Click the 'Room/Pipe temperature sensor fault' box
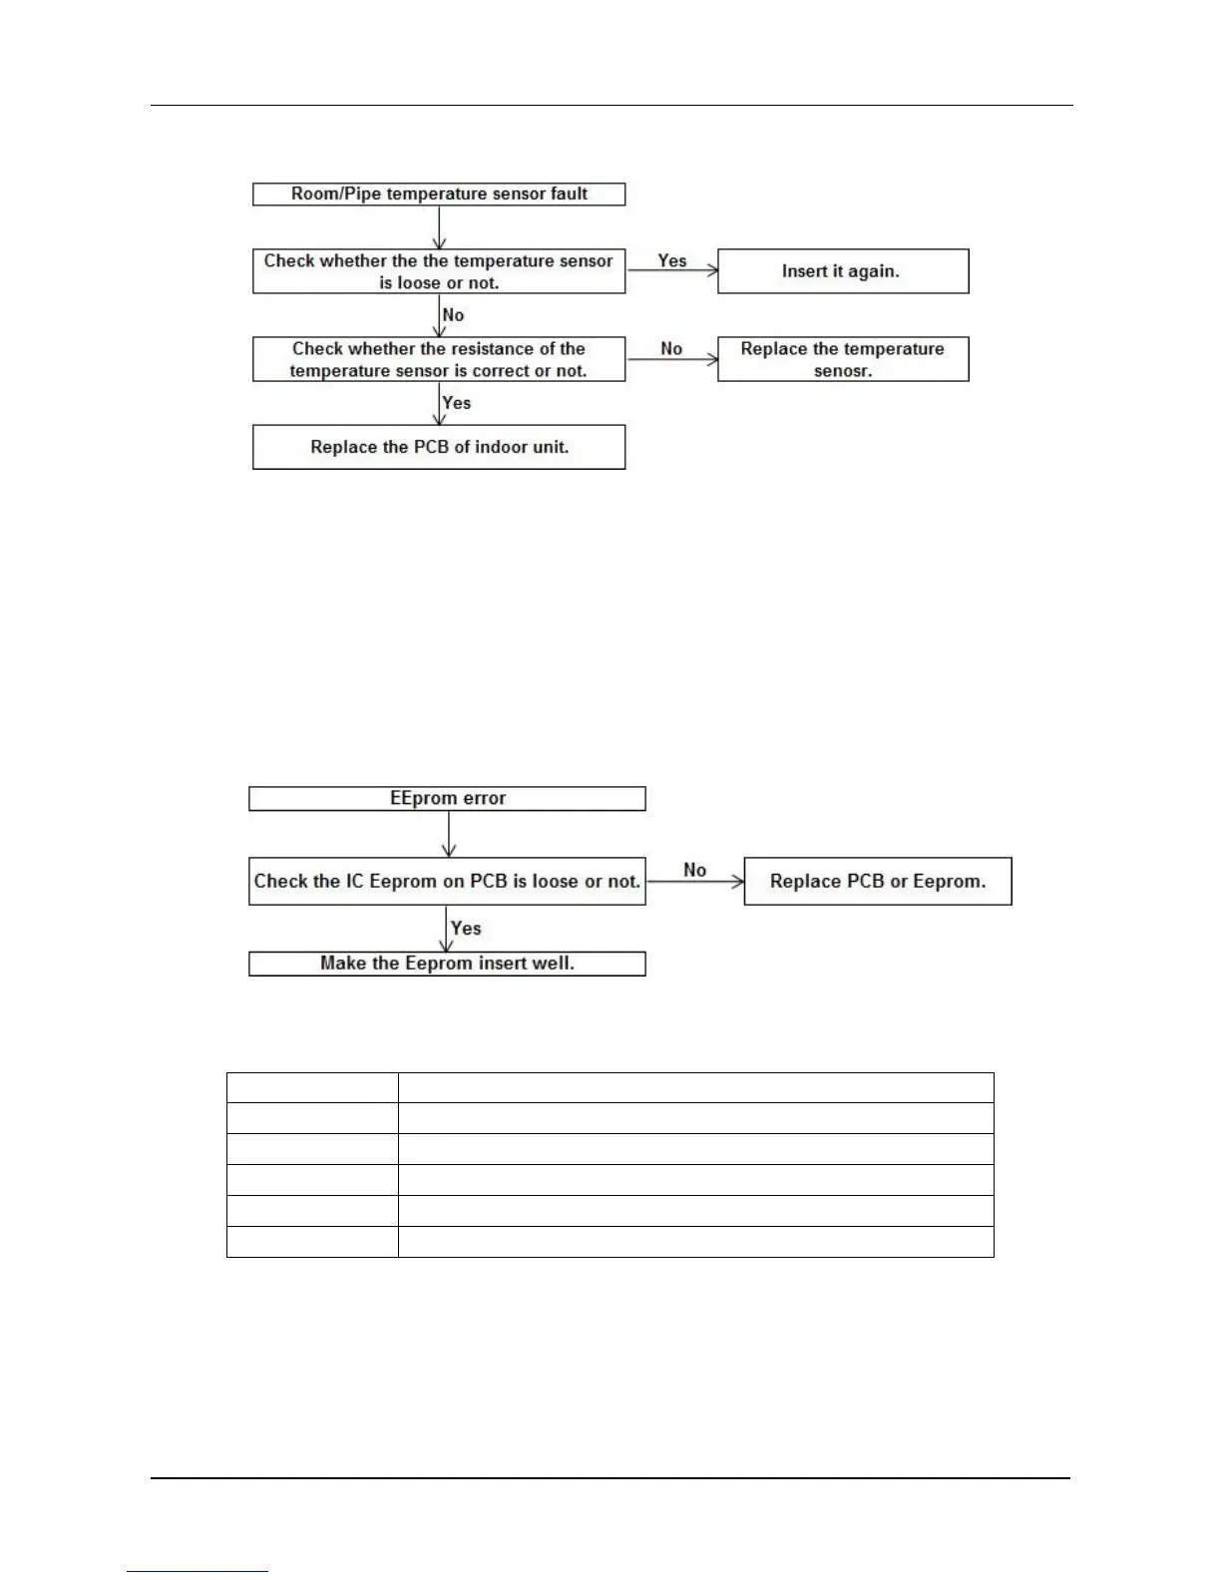click(x=439, y=194)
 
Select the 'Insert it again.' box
click(x=843, y=271)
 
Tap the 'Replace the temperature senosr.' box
click(x=843, y=359)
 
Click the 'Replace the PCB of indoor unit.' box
click(x=439, y=447)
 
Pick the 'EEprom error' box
click(x=447, y=798)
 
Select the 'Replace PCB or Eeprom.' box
click(x=878, y=881)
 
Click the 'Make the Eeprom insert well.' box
click(x=447, y=963)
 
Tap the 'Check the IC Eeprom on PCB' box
click(x=447, y=881)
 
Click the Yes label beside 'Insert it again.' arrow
click(x=672, y=260)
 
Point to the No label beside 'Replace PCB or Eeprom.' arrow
click(x=695, y=870)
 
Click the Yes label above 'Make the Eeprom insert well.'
click(x=466, y=928)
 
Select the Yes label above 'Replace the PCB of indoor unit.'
click(x=456, y=403)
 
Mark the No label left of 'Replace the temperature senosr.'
click(x=671, y=348)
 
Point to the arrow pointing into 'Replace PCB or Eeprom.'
click(x=695, y=882)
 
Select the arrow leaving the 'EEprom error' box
click(x=449, y=833)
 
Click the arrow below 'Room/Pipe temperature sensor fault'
click(x=439, y=227)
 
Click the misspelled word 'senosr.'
click(x=843, y=371)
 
